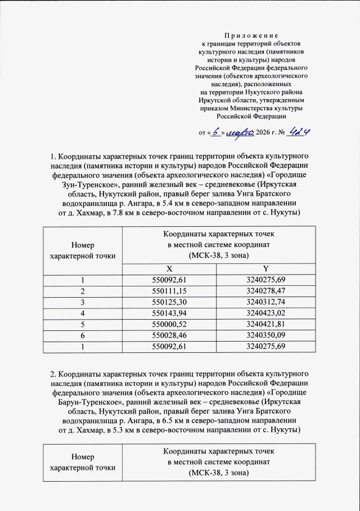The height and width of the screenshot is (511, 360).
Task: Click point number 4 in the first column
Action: tap(82, 313)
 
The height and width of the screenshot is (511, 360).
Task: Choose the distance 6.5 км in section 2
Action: tap(193, 420)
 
